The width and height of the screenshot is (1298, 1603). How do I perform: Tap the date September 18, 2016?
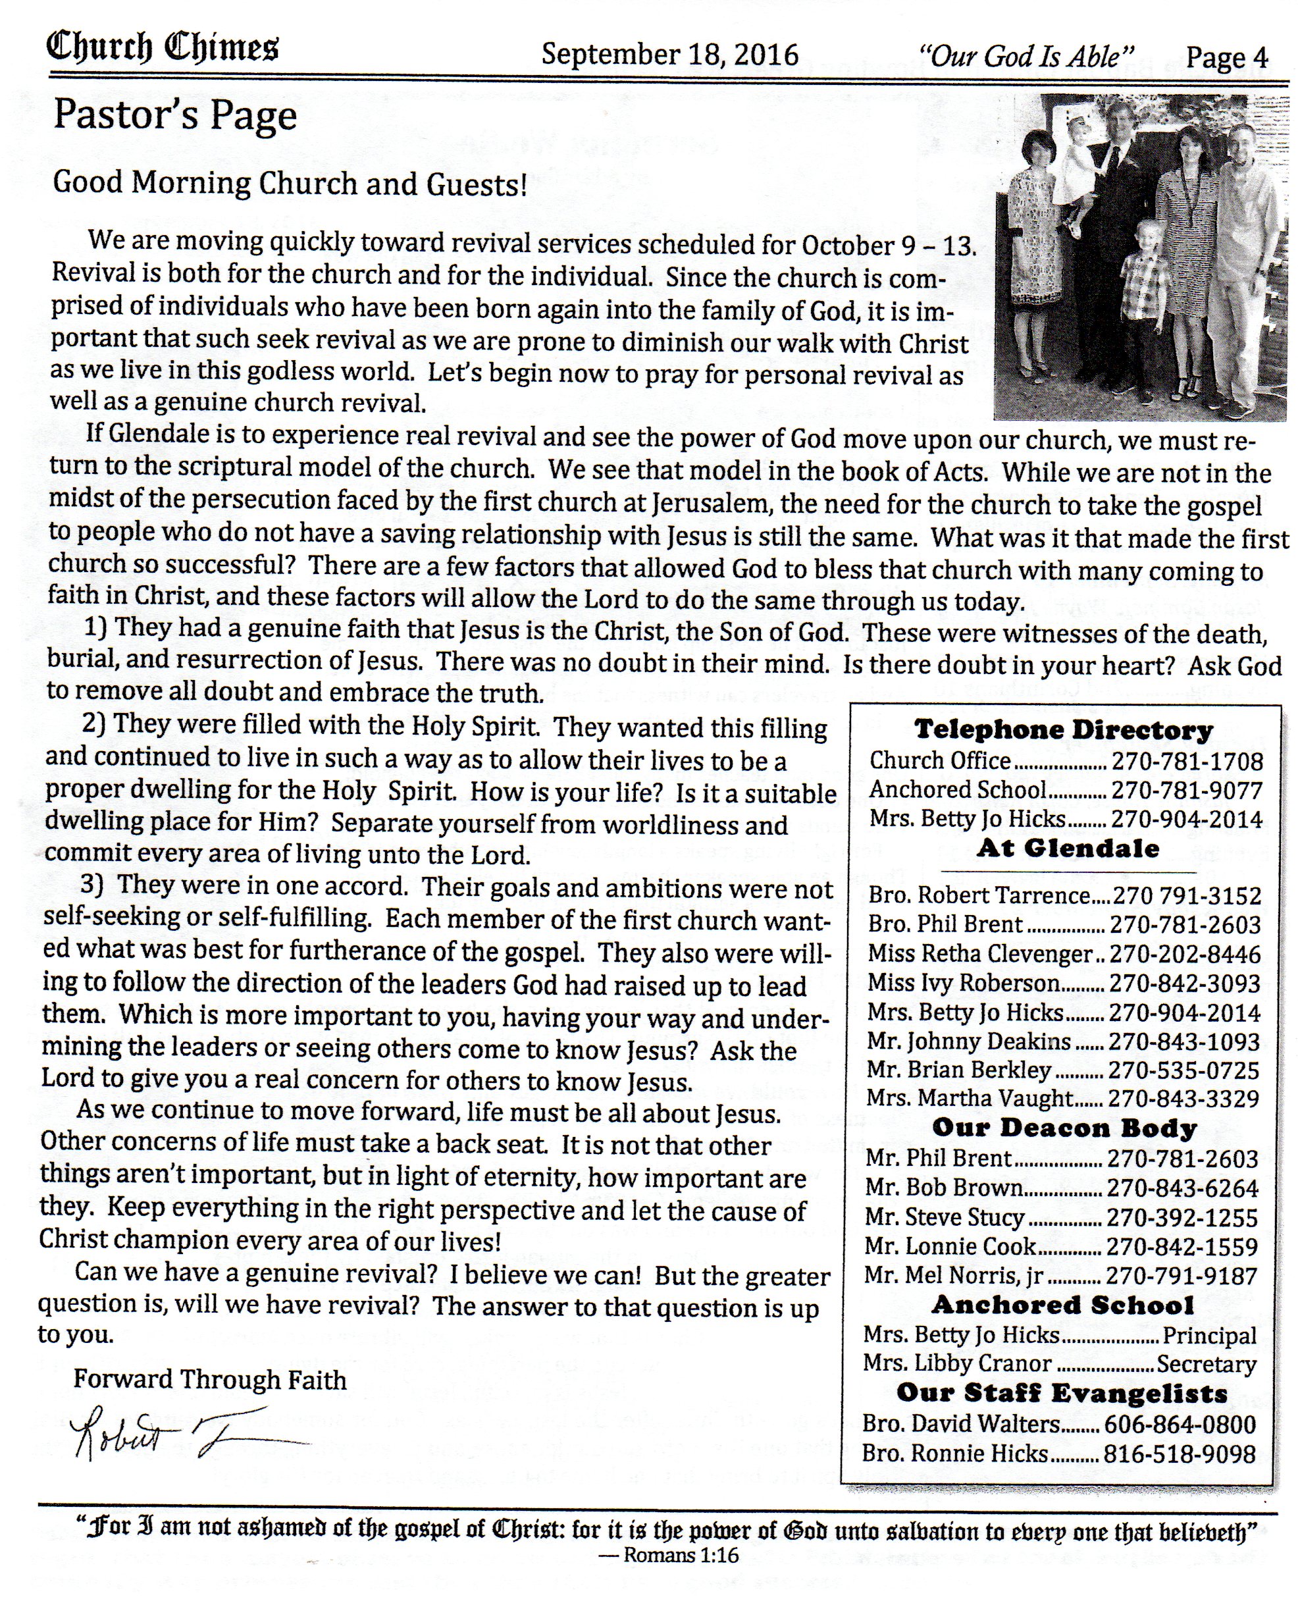pyautogui.click(x=669, y=55)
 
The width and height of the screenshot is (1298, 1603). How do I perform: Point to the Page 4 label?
pyautogui.click(x=1227, y=57)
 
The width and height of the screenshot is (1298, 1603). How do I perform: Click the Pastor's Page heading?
pyautogui.click(x=175, y=116)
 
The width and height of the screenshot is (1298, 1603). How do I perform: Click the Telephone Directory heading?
pyautogui.click(x=1063, y=729)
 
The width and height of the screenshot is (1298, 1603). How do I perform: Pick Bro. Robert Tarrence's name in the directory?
pyautogui.click(x=979, y=896)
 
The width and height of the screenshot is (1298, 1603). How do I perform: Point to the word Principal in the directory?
pyautogui.click(x=1209, y=1335)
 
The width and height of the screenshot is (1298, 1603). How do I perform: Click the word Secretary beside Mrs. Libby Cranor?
pyautogui.click(x=1206, y=1365)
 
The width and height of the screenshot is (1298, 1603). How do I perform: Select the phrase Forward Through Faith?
pyautogui.click(x=210, y=1379)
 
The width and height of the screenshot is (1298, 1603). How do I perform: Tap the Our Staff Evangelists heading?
pyautogui.click(x=1062, y=1394)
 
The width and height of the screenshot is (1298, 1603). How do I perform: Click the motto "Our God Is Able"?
pyautogui.click(x=1027, y=56)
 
